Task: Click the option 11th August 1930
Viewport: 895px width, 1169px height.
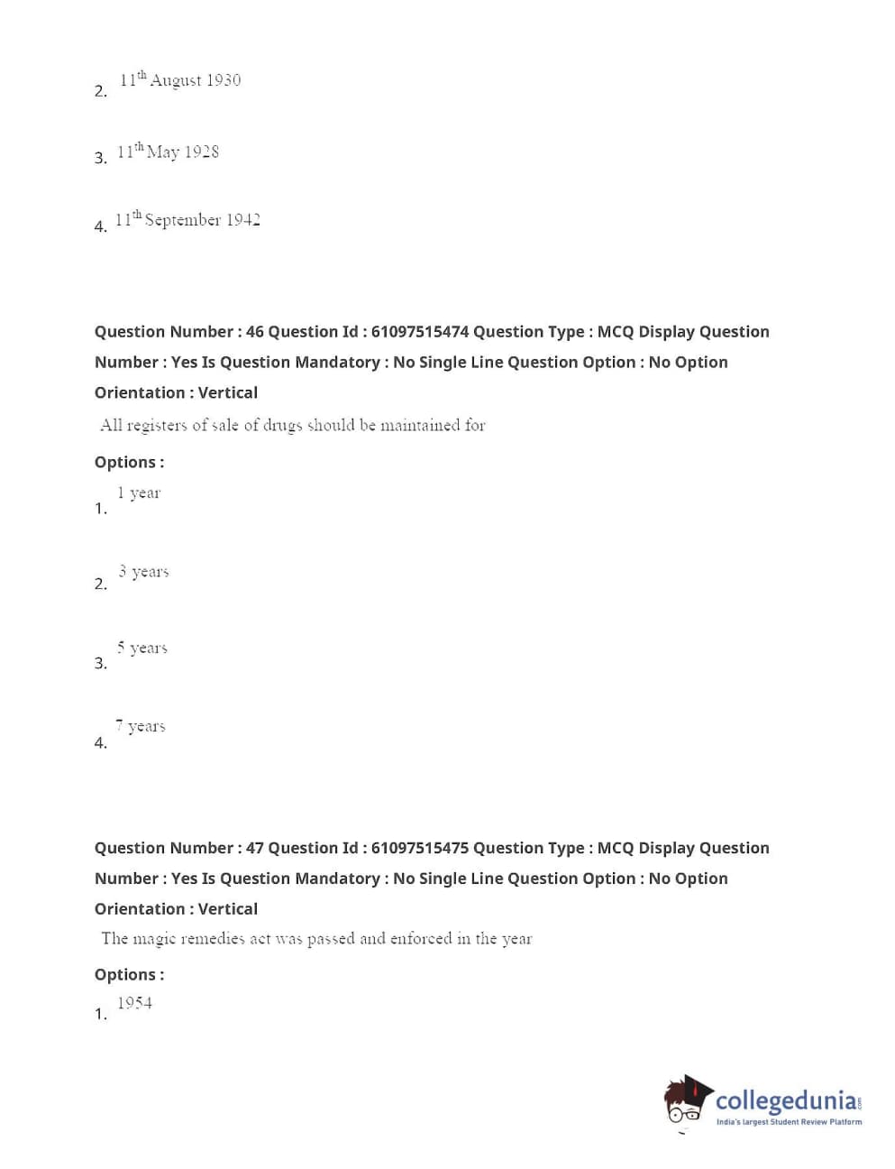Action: pos(179,80)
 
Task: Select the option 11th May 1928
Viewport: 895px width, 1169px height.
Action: pos(168,152)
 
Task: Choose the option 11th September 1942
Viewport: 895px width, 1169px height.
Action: pos(187,219)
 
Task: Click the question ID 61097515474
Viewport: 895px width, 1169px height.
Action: pos(419,332)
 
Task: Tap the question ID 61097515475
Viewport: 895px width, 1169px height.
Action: pos(419,848)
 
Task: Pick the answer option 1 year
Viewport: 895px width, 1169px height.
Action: pos(139,492)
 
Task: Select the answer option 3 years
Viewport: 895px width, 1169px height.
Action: pos(143,571)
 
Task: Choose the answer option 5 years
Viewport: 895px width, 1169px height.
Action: pos(142,648)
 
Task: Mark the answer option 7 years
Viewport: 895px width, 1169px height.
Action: pos(140,726)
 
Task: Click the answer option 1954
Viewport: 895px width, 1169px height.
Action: pos(134,1003)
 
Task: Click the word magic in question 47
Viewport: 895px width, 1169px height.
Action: pos(154,939)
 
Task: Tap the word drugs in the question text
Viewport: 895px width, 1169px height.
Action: pos(282,426)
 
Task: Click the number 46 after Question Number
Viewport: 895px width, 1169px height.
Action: pos(255,332)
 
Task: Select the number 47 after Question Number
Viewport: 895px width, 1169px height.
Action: pos(255,848)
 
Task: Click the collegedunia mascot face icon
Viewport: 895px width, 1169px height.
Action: pos(688,1101)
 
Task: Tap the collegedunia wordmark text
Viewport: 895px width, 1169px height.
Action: pos(787,1100)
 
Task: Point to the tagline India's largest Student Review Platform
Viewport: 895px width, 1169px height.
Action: pos(789,1122)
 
